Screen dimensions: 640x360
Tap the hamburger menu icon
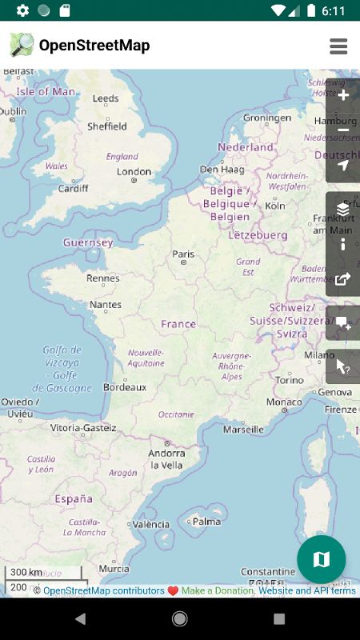(338, 46)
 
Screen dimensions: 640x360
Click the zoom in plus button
(343, 95)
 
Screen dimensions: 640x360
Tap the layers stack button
(343, 209)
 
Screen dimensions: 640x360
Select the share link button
(343, 279)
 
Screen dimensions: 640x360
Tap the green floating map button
(321, 559)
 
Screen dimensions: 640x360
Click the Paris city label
(183, 254)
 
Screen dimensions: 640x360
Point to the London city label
(134, 171)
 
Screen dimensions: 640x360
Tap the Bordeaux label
(125, 386)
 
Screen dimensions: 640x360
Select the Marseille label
(243, 429)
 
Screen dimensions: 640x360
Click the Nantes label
(106, 304)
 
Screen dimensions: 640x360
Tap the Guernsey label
(88, 242)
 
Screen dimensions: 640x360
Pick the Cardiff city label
(73, 189)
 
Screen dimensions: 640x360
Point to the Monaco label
(284, 402)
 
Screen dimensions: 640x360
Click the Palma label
(206, 521)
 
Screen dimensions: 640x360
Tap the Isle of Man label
(46, 91)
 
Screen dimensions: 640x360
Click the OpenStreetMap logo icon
(22, 45)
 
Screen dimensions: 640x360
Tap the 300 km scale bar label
(26, 572)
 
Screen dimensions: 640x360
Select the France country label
(178, 324)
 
